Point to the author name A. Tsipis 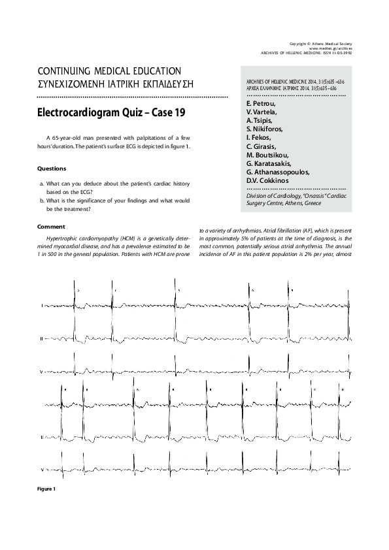(x=260, y=121)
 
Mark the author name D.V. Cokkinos (x=269, y=180)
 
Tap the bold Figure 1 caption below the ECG (x=46, y=489)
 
